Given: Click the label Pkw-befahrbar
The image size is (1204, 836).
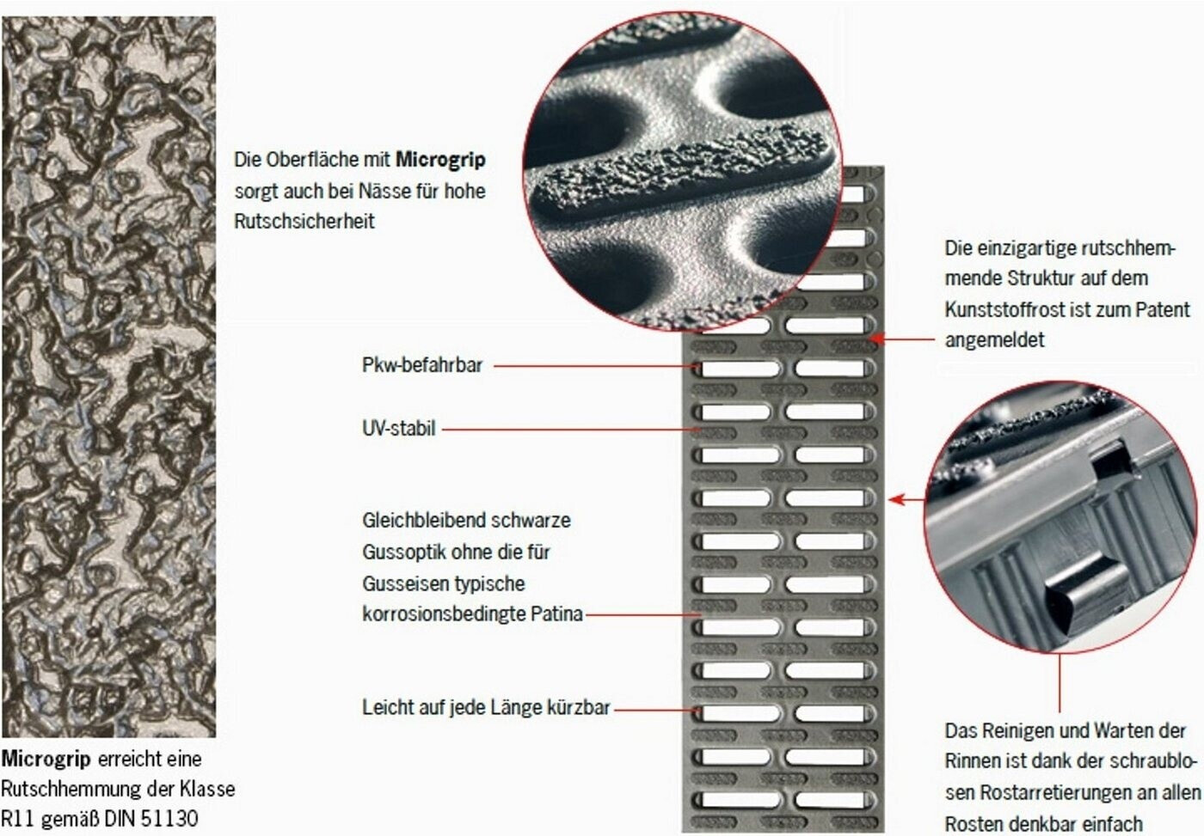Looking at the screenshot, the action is [x=422, y=365].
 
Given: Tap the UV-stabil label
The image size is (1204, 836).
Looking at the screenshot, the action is [x=399, y=429].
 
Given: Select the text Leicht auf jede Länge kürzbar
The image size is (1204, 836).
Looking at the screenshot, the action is [x=487, y=707].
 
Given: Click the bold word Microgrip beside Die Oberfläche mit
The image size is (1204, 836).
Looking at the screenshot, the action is [x=440, y=160].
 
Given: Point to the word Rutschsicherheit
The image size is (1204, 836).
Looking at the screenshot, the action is [x=304, y=221].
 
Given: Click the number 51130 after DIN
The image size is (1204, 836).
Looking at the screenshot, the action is [x=170, y=818].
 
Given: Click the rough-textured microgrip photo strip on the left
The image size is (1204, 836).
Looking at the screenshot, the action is [x=108, y=375].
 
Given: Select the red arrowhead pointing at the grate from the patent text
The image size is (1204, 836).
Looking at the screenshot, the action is [x=876, y=339].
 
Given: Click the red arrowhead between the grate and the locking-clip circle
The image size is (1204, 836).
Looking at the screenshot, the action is [x=896, y=499].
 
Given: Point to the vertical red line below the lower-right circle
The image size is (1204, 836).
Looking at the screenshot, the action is [x=1060, y=683].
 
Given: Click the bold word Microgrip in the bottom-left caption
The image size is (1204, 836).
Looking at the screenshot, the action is [x=46, y=760].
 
